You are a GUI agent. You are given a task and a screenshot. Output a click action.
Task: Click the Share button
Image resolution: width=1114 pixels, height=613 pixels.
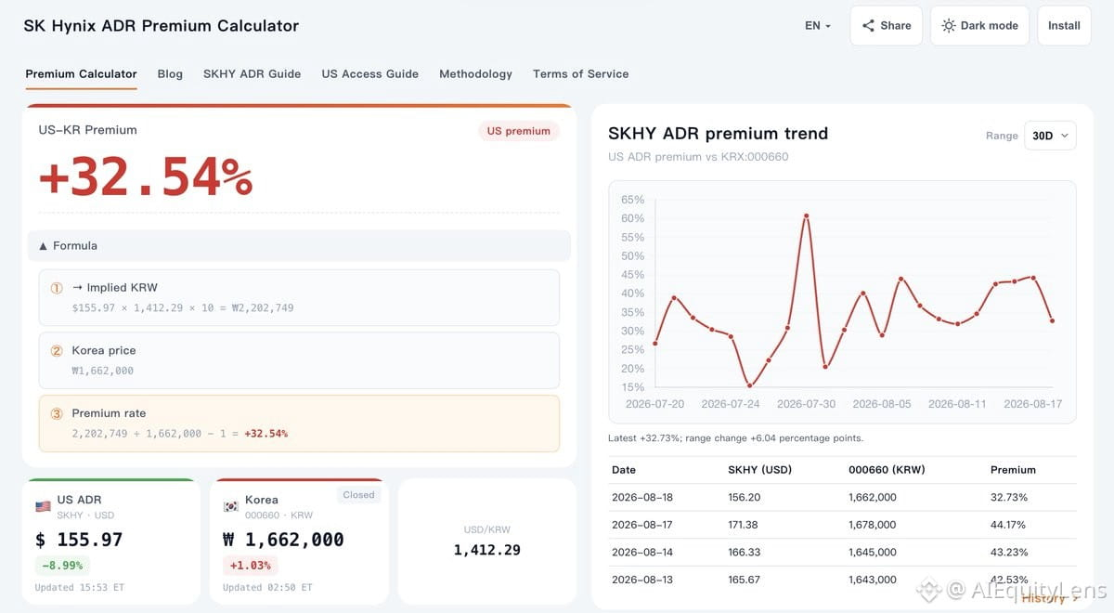887,26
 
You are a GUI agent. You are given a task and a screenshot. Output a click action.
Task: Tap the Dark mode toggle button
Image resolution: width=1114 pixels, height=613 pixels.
979,26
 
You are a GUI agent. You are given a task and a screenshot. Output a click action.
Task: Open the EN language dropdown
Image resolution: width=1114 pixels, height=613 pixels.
818,26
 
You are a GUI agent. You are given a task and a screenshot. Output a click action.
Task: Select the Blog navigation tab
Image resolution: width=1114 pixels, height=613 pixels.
170,74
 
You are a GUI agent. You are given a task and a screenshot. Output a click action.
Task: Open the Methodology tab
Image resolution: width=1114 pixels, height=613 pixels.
475,74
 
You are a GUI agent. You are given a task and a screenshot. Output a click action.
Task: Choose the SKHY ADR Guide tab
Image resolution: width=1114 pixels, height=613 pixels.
253,74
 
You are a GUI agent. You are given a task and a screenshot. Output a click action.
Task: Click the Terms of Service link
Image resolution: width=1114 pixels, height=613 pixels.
581,74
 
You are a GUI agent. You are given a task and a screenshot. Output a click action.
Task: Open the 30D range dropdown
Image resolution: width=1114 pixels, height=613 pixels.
1050,136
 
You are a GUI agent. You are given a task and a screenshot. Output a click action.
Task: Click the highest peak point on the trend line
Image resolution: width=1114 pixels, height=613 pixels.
806,215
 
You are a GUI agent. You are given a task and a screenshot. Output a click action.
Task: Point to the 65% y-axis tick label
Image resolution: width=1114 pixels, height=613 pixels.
632,200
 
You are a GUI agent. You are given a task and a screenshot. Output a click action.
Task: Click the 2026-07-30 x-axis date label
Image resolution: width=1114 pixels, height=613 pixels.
806,404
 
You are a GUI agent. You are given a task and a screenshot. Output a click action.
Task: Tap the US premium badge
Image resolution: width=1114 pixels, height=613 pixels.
518,131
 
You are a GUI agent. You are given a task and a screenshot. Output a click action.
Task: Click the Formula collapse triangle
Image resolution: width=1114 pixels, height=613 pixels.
44,246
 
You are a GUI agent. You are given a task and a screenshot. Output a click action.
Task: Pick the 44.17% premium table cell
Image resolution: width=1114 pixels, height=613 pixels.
1007,525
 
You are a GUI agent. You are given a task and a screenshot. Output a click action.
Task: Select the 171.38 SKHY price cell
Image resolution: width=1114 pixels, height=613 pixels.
743,525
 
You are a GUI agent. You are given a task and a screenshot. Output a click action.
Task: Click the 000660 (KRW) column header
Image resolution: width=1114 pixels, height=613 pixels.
887,470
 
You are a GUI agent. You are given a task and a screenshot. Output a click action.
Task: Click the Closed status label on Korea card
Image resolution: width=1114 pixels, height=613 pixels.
358,494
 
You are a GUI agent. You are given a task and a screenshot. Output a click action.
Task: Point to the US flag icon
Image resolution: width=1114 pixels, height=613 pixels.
44,506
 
